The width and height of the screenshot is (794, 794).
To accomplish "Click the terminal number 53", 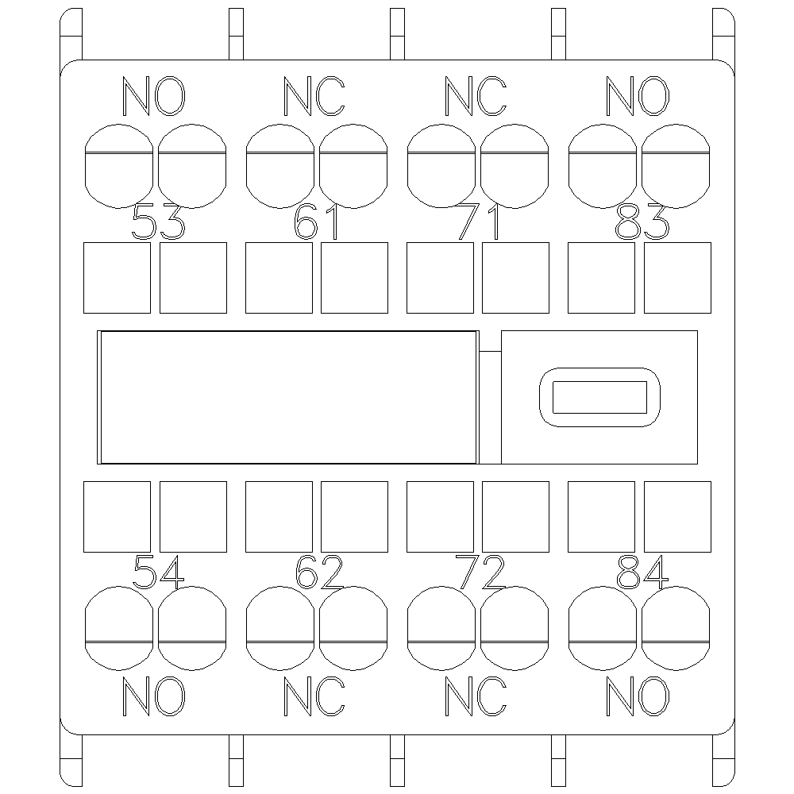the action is [159, 222].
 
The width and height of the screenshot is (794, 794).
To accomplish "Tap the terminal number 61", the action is [317, 222].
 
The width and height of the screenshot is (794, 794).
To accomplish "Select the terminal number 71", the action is [478, 222].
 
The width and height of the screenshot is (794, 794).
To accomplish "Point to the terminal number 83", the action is [642, 222].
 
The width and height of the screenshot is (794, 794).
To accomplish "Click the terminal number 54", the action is [159, 572].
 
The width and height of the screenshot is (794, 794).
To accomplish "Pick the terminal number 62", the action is [319, 572].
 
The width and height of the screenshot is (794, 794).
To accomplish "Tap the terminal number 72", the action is [480, 572].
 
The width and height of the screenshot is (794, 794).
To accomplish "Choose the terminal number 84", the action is [642, 572].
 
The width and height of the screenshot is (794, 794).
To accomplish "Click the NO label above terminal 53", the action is [154, 96].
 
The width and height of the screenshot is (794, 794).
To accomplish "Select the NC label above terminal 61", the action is [314, 96].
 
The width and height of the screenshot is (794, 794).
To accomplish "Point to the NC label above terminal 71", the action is [476, 96].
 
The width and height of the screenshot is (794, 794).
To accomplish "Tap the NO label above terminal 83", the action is [638, 96].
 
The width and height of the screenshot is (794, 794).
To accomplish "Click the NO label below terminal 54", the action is [154, 696].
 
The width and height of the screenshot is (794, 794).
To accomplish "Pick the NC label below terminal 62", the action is [314, 696].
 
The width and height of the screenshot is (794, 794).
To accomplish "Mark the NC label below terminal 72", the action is [476, 696].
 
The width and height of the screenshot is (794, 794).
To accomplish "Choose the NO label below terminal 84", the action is [638, 696].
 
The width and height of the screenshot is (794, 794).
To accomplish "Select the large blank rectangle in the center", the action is [289, 398].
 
